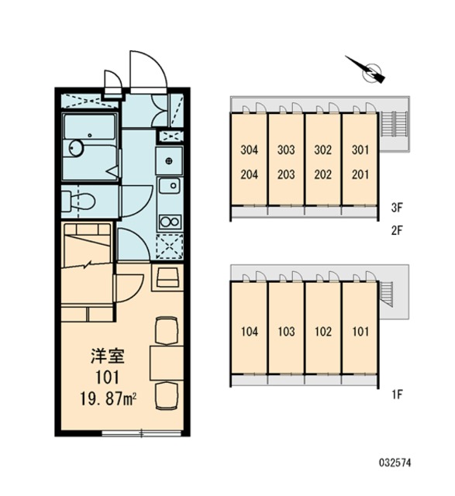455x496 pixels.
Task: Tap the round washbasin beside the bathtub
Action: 76,148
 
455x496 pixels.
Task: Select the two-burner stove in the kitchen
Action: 170,222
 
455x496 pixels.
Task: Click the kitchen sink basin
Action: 169,185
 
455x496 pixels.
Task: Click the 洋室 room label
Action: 108,356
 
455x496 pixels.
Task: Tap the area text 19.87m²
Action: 108,400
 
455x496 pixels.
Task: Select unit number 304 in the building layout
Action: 250,150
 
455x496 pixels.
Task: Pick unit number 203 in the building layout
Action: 286,174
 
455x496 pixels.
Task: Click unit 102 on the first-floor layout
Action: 323,332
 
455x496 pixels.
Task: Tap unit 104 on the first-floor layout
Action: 250,332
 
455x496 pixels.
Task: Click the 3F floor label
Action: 396,208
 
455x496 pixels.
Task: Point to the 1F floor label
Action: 397,394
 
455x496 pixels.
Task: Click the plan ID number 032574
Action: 395,463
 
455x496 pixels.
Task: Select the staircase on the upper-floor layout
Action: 393,124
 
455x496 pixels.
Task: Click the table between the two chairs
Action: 167,363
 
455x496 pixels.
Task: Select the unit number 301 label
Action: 360,150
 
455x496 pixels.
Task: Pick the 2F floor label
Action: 396,231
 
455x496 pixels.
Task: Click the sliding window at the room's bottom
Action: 141,433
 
